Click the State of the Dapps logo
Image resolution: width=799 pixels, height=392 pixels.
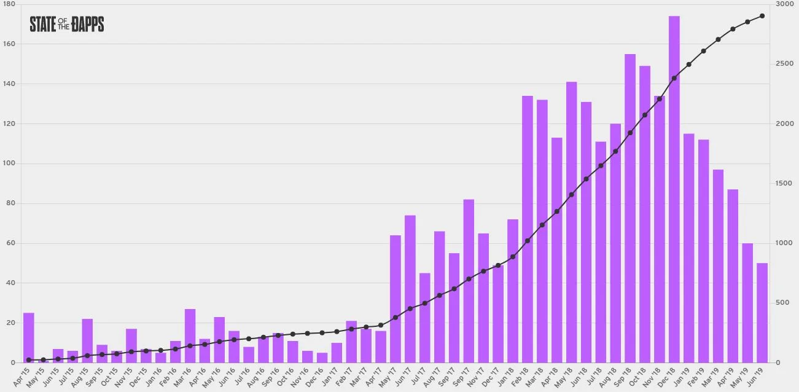tap(67, 24)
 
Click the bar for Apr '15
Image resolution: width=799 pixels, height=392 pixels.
tap(29, 338)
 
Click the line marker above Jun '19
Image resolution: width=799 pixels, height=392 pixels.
tap(762, 16)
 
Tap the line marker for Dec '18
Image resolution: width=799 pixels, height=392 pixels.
tap(674, 78)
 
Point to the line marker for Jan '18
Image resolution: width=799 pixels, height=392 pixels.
tap(513, 257)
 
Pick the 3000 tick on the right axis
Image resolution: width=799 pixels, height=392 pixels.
tap(785, 4)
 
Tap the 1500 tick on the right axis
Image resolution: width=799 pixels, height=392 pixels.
tap(785, 184)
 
